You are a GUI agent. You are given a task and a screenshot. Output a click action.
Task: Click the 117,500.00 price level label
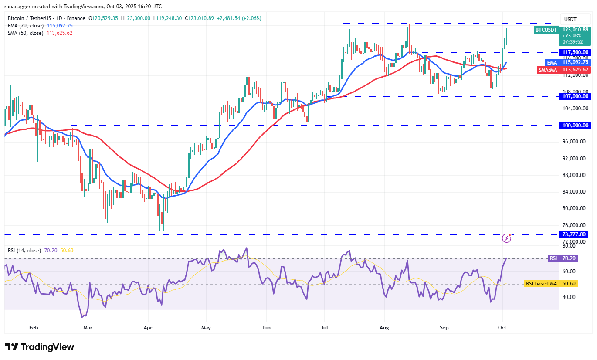575,52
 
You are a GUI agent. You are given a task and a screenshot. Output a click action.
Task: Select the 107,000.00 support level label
575,96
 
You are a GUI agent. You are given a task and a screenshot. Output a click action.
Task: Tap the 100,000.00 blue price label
575,126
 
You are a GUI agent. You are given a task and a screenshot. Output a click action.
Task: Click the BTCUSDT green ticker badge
546,30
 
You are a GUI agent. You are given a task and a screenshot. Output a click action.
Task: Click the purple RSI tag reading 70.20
553,258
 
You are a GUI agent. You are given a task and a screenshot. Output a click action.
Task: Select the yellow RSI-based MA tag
541,284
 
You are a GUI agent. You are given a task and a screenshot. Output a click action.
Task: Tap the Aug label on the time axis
384,327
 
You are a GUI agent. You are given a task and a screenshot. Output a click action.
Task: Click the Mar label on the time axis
88,327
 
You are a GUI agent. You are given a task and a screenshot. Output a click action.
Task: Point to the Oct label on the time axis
502,327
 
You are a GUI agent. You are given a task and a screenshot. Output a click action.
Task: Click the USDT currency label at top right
570,19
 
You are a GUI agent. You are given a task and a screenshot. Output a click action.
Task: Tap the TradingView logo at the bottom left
40,347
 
